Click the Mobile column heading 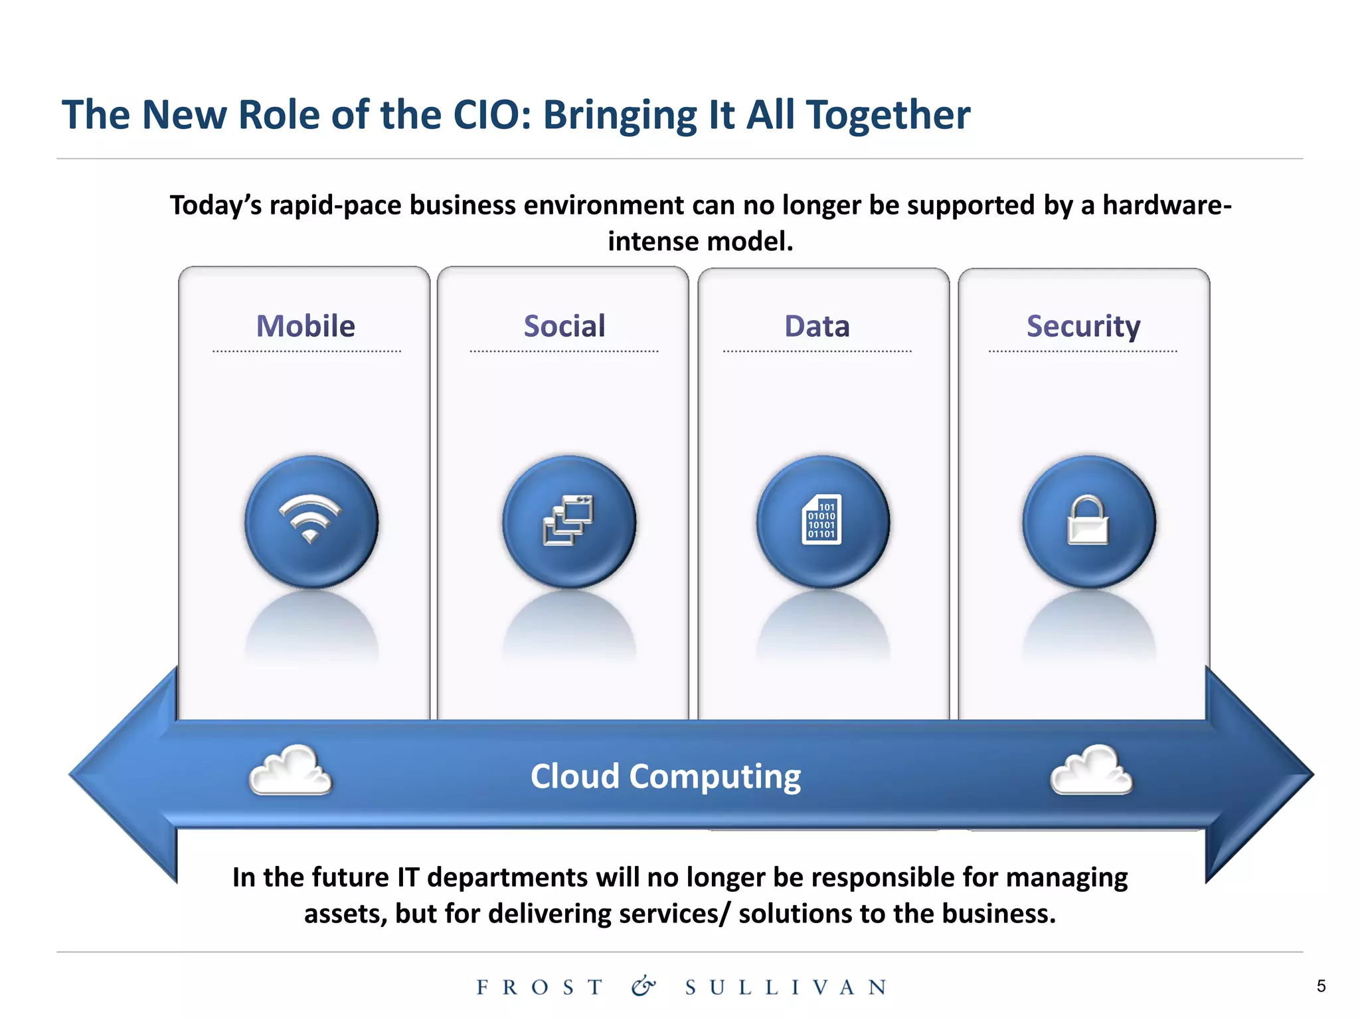(305, 326)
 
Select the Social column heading (564, 326)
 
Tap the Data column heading (817, 326)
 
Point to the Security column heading (1083, 326)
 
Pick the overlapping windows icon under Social (568, 521)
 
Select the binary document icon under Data (822, 520)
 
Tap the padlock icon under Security (1088, 521)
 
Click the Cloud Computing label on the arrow (665, 776)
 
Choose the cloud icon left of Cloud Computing (290, 770)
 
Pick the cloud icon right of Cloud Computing (1091, 770)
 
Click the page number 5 (1321, 986)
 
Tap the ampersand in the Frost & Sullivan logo (643, 986)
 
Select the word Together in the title (888, 115)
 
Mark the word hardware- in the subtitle (1167, 205)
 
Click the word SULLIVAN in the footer (786, 987)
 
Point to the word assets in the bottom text (345, 914)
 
